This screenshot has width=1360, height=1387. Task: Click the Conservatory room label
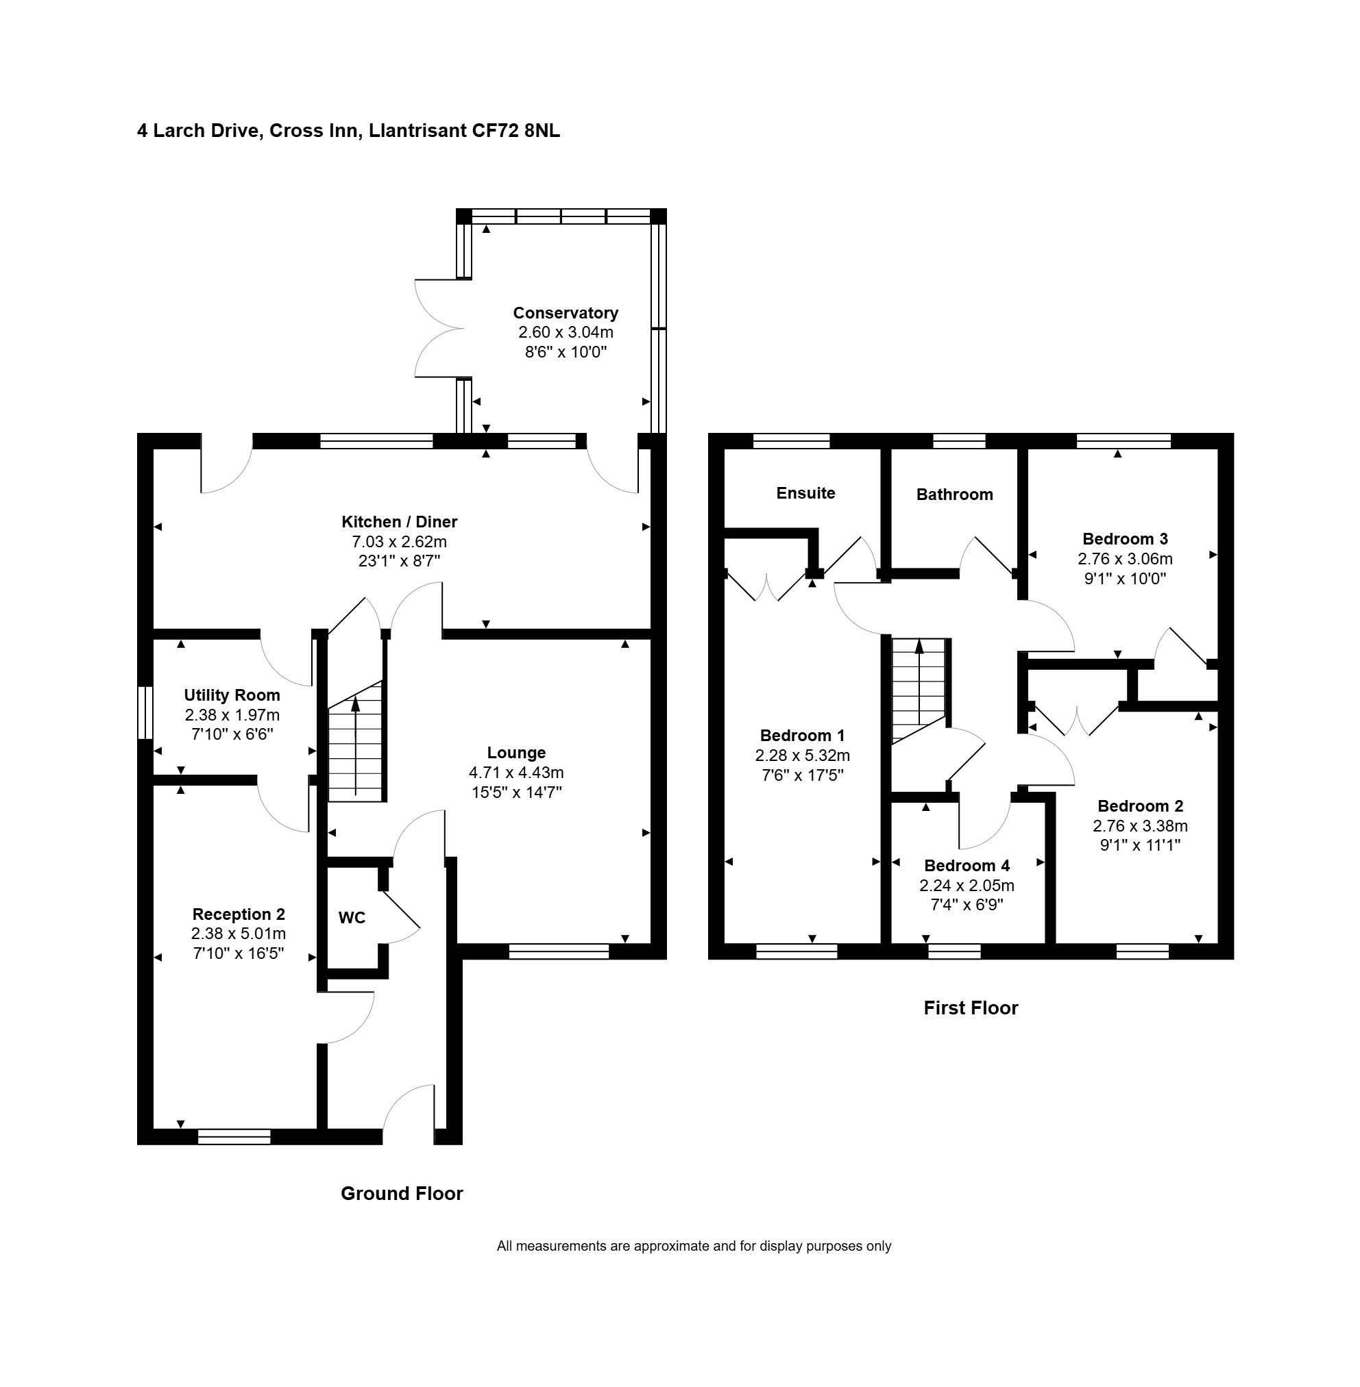[565, 312]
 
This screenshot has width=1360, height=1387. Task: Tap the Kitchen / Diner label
[399, 522]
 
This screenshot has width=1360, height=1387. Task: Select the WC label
[352, 918]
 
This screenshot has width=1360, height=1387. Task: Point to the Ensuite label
[805, 493]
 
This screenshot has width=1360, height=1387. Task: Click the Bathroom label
[954, 495]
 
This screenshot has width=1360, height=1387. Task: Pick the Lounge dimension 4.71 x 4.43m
[516, 773]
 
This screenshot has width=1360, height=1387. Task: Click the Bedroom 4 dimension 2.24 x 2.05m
[967, 886]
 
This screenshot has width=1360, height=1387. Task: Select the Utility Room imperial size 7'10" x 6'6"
[232, 734]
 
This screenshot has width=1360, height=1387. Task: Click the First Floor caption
[971, 1008]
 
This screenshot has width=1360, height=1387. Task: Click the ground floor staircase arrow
[355, 746]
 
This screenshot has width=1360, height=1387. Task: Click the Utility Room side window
[145, 712]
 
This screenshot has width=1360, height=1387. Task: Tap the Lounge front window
[559, 951]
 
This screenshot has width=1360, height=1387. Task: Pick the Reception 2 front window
[234, 1136]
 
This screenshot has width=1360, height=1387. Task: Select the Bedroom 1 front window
[797, 951]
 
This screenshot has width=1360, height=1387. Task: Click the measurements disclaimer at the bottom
[694, 1247]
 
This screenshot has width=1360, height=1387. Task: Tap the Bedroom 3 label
[1125, 539]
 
